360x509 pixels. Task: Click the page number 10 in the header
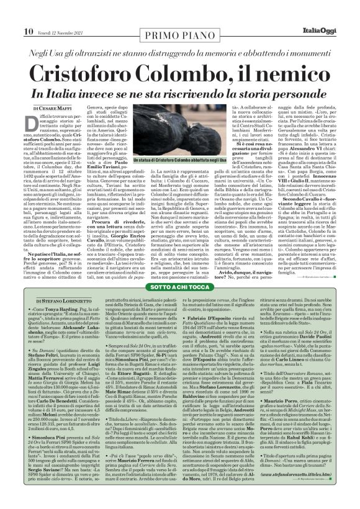click(11, 13)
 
